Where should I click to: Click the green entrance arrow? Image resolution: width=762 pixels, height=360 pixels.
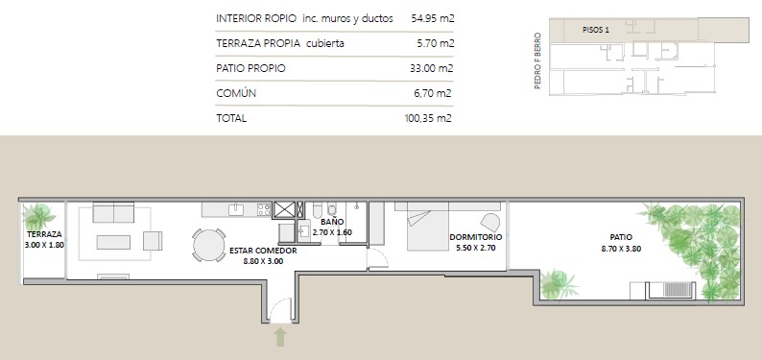coord(280,337)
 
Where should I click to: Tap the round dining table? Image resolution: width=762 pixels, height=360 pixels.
coord(209,245)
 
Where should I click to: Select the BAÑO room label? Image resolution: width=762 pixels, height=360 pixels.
coord(332,222)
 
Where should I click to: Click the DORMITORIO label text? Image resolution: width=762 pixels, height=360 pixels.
coord(476,237)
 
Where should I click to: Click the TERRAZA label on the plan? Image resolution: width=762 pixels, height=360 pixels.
coord(44,234)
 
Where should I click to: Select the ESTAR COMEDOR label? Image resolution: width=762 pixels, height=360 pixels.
coord(263,251)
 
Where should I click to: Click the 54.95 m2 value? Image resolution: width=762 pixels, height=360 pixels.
coord(433,18)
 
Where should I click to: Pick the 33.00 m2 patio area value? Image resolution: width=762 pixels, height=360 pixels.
coord(432,68)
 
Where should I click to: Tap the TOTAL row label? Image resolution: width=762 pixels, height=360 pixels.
coord(231,118)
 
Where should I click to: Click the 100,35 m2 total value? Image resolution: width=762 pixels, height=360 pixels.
coord(428,118)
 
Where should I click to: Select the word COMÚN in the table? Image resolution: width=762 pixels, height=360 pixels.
coord(236,93)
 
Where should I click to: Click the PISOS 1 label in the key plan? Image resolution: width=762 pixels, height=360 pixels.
coord(596,30)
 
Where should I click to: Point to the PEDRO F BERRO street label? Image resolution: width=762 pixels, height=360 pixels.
coord(537,60)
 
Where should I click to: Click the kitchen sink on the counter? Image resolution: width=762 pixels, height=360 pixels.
coord(236,209)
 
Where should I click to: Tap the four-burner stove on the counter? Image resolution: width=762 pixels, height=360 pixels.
coord(264,209)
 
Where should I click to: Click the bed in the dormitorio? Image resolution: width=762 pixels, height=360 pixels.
coord(428,227)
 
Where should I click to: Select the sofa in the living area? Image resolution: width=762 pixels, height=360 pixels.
coord(113,212)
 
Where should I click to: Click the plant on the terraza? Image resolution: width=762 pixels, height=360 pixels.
coord(37,217)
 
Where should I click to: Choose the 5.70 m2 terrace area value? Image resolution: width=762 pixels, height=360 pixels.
coord(436,43)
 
